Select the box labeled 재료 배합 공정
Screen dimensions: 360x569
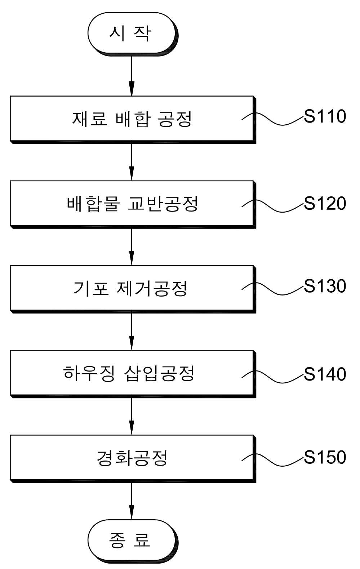132,119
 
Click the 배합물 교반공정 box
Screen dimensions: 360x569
132,204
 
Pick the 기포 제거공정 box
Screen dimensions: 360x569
132,289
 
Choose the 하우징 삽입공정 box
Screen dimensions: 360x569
132,373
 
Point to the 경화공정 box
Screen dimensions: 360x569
132,458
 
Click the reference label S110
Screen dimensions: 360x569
325,116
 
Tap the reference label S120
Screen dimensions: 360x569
325,203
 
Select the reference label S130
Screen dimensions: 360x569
325,286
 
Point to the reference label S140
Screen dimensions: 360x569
325,374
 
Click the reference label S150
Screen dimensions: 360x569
325,457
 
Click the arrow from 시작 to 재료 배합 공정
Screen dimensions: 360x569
132,76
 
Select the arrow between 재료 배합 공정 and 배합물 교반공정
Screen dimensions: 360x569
132,162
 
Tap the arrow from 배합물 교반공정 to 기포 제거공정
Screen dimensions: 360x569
132,247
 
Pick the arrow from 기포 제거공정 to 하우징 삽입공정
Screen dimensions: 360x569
132,332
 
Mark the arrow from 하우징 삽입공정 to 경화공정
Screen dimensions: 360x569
132,416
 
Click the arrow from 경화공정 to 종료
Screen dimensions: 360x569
132,501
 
